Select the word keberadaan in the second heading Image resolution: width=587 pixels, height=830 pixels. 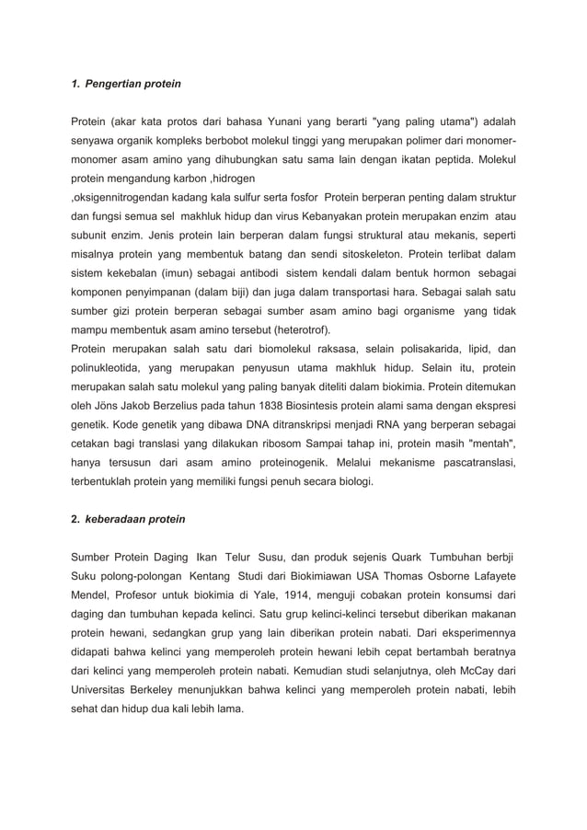[x=121, y=519]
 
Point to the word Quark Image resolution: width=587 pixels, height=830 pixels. [x=407, y=557]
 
